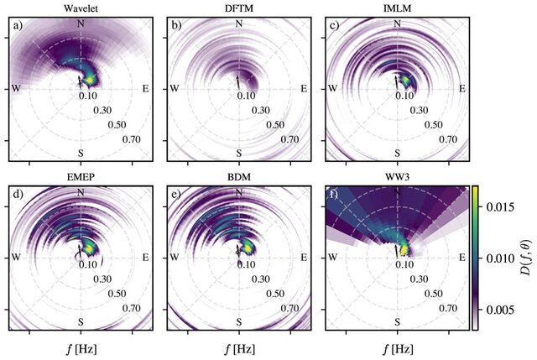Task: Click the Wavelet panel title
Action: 81,9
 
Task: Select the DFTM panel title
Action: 239,9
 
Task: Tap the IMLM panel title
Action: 397,9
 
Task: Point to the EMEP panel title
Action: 81,179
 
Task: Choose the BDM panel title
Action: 239,179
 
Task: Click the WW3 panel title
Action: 397,179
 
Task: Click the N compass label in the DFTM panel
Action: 239,23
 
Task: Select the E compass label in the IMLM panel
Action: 459,87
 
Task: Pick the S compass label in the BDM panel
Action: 239,321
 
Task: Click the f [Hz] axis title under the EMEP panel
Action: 81,347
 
